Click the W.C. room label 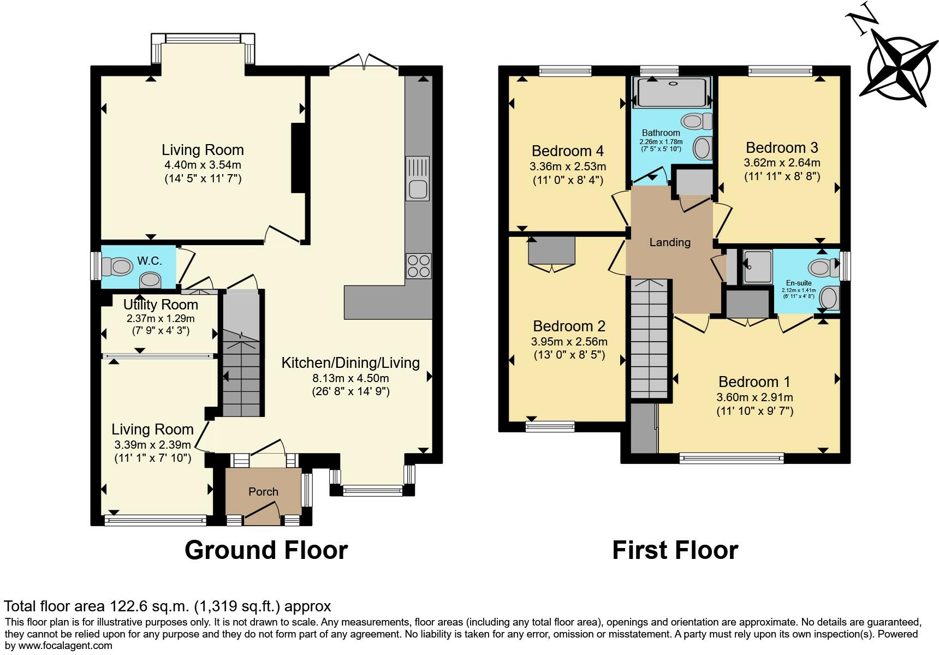[149, 261]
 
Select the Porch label [263, 492]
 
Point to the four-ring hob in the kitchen [418, 266]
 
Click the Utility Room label [161, 305]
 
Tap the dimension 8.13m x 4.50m [350, 378]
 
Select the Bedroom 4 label [567, 151]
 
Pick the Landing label [670, 242]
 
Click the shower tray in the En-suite [757, 267]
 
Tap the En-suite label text [798, 283]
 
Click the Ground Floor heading [266, 550]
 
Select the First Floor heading [675, 550]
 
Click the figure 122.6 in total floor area [130, 606]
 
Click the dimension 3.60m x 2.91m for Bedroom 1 [754, 397]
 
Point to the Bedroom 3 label [781, 147]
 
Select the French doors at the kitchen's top [364, 62]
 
